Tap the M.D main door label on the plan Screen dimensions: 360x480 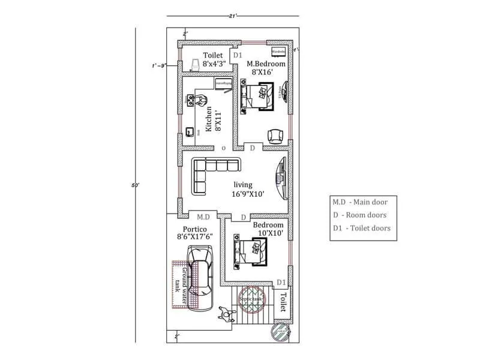point(203,217)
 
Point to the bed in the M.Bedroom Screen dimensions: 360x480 point(259,96)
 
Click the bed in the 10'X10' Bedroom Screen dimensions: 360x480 point(256,251)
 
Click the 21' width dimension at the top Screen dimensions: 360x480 point(232,15)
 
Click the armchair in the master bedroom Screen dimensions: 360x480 point(274,136)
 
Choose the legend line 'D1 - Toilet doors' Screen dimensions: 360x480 point(361,228)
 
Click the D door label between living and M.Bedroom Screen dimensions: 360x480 point(252,147)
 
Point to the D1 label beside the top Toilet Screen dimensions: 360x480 point(237,55)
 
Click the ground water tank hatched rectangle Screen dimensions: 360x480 point(178,283)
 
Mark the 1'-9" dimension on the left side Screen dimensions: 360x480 point(159,66)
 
